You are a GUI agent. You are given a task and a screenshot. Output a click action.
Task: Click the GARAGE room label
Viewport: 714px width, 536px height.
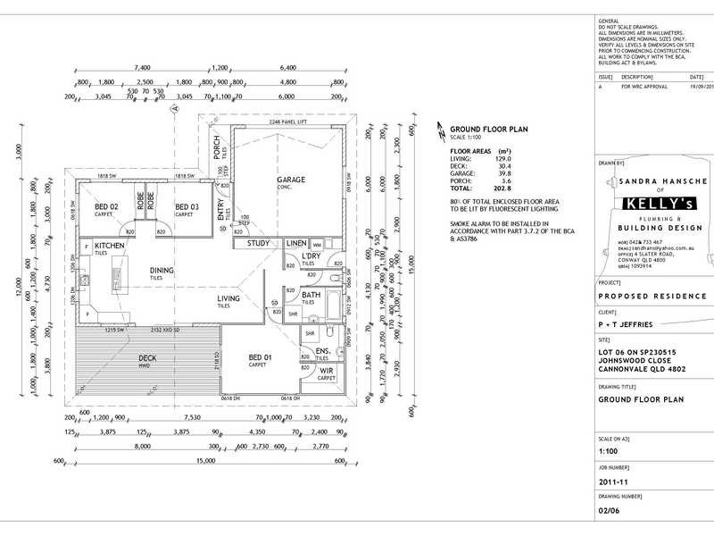(x=290, y=180)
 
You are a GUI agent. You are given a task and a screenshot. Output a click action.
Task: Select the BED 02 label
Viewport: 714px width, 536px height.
(x=107, y=207)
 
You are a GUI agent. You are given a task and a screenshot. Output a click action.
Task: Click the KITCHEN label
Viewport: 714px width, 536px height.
(x=110, y=245)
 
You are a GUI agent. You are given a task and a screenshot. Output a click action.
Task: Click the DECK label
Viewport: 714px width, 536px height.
(x=148, y=358)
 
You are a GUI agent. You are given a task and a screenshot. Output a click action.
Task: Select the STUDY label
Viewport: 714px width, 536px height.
(x=259, y=243)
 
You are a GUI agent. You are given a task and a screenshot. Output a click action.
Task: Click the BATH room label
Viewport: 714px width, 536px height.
(x=311, y=295)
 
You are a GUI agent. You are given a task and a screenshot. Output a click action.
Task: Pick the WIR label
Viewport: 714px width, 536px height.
(x=326, y=371)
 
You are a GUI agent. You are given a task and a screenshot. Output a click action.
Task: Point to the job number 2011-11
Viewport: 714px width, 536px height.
(x=615, y=480)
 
